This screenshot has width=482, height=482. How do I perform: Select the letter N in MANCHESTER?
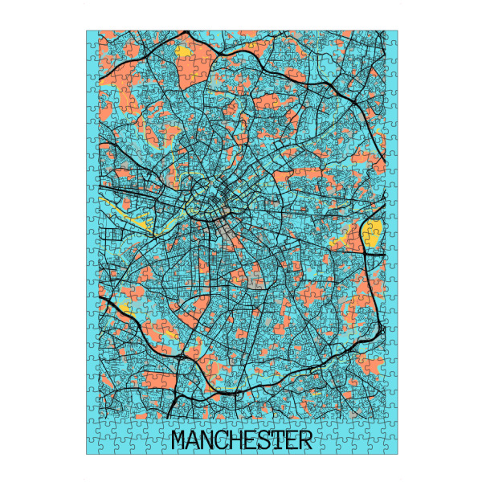(x=209, y=441)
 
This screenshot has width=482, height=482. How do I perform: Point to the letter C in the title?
(x=223, y=441)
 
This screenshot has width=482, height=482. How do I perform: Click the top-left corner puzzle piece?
(x=93, y=37)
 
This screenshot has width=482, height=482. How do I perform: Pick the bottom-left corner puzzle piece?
(x=93, y=447)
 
